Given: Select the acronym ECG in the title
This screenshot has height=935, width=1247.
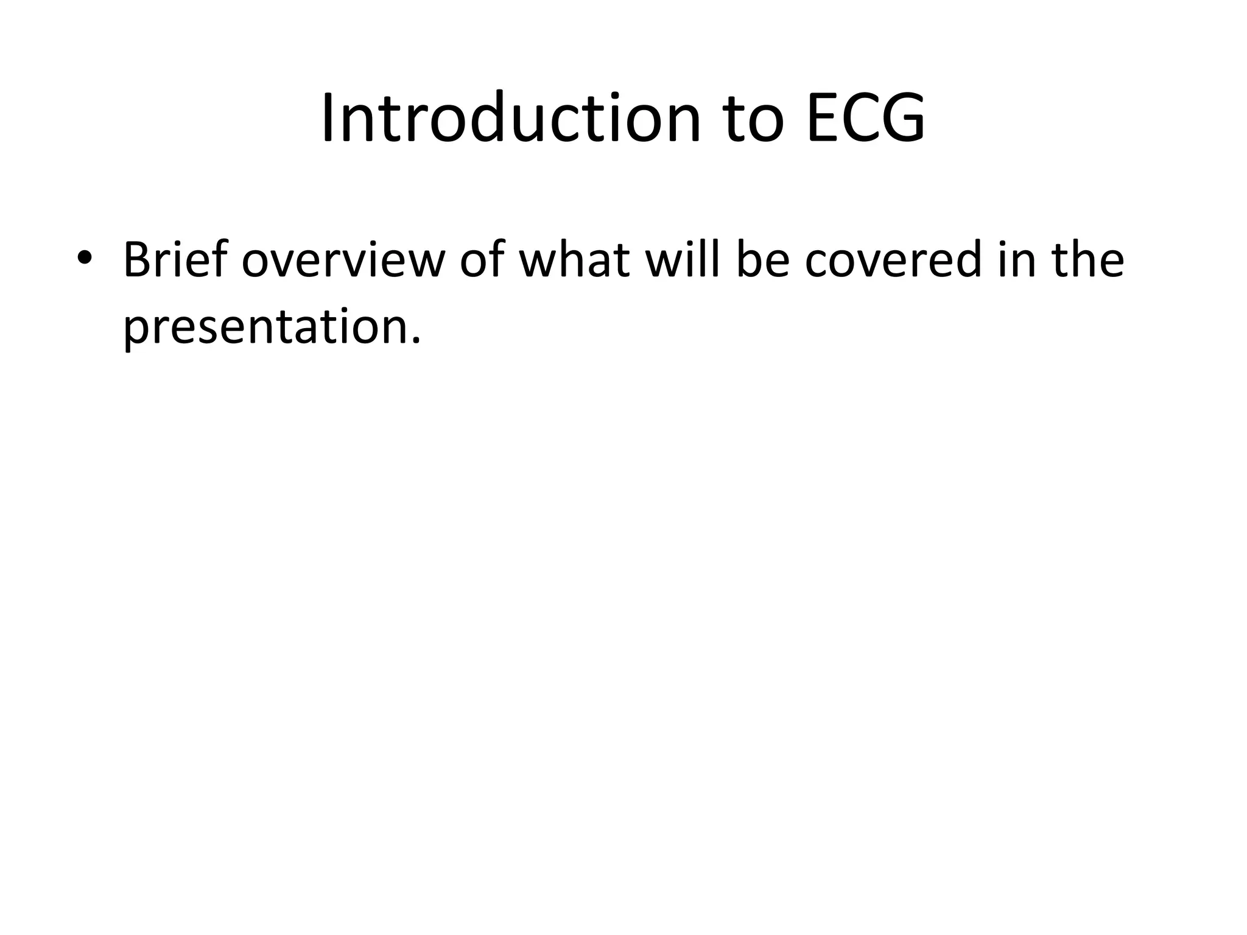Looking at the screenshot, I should tap(865, 118).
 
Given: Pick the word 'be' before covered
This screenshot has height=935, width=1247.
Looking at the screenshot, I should tap(762, 259).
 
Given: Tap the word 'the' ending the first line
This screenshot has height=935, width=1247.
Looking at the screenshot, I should tap(1087, 259).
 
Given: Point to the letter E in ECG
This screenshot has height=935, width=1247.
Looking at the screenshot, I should tap(823, 118).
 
